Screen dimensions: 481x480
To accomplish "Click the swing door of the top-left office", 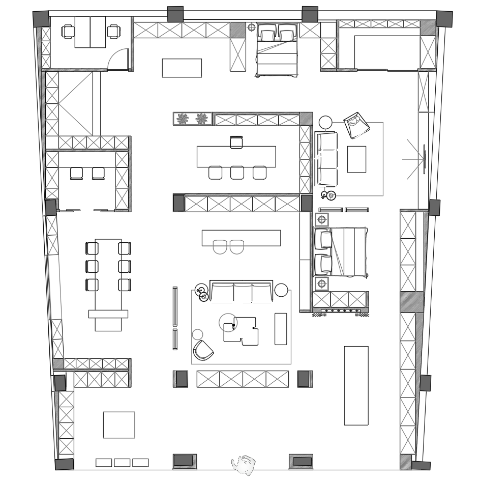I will [119, 59].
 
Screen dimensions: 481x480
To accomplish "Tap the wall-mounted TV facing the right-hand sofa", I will [424, 159].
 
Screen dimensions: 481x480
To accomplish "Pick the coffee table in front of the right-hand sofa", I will [356, 159].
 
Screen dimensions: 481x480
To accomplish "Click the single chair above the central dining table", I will [236, 142].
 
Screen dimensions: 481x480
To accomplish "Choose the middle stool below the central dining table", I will [237, 173].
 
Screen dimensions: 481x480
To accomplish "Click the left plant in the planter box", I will [182, 119].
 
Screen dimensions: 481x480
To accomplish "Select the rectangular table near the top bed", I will [182, 68].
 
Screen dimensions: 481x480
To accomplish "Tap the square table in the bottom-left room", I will [119, 425].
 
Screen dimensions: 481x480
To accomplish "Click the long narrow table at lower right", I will [356, 385].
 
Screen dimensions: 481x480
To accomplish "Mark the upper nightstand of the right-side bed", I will [321, 220].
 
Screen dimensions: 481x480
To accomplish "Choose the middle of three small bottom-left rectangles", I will [122, 463].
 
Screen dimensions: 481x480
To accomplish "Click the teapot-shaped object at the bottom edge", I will [243, 464].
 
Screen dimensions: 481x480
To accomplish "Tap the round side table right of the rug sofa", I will [281, 290].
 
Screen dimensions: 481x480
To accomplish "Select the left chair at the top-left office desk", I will [68, 32].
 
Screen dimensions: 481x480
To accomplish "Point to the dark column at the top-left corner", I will [41, 19].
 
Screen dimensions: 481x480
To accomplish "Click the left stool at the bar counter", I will [220, 247].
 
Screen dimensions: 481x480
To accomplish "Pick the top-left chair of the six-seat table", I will [92, 248].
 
